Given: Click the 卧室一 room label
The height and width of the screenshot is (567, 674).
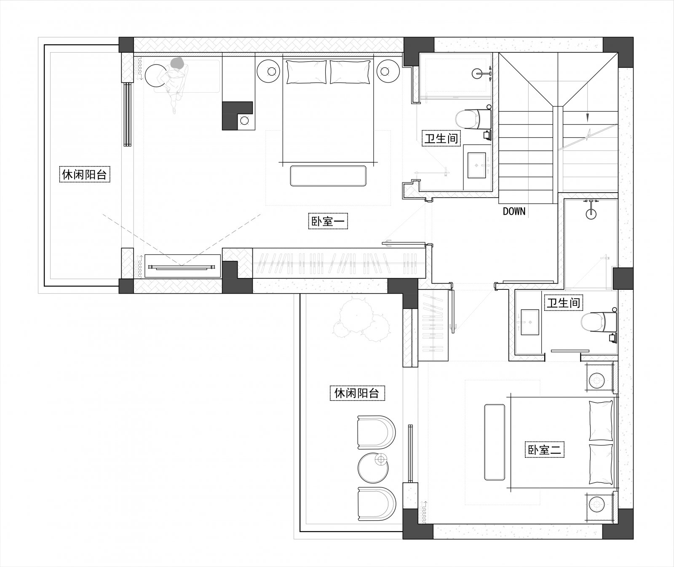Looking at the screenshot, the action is click(x=328, y=221).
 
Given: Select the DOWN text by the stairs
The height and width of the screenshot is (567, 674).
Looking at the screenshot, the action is click(x=514, y=211).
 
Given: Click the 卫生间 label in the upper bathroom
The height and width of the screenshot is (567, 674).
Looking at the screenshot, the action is click(x=441, y=138).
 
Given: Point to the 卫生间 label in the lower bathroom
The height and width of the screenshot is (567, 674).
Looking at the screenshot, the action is click(x=564, y=302).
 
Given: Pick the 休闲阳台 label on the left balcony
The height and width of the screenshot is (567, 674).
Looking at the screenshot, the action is click(x=84, y=174).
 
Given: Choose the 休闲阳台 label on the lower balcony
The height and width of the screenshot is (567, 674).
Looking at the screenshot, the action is click(x=356, y=393).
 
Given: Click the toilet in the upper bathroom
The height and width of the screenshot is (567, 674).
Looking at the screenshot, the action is click(x=473, y=119).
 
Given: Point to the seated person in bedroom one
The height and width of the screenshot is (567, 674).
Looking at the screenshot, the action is click(x=176, y=82).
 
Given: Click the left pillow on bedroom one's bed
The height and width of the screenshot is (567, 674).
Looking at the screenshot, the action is click(x=306, y=72).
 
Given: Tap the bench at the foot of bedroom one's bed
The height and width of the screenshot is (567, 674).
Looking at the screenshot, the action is click(x=328, y=176).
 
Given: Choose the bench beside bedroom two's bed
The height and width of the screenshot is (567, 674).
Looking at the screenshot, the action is click(x=495, y=442).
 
